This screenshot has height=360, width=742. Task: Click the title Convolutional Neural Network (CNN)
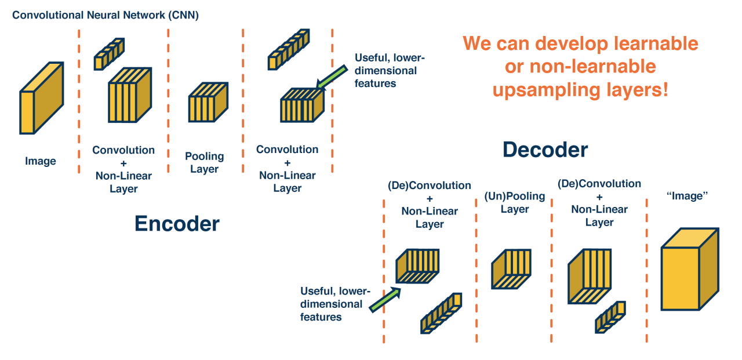pos(106,15)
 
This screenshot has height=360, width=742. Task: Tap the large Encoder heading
pos(177,224)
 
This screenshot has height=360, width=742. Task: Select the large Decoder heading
pos(545,150)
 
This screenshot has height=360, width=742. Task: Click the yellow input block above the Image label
pos(41,99)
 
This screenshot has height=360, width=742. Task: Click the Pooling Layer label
pos(204,162)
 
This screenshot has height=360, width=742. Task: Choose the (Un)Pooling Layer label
pos(515,203)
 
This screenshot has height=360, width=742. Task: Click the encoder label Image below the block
pos(41,161)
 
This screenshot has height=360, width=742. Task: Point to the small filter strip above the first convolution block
pos(110,53)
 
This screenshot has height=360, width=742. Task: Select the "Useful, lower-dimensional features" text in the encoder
pos(385,71)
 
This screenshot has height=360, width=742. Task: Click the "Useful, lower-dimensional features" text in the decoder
pos(335,304)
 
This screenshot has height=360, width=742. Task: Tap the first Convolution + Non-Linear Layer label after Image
pos(123,169)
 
